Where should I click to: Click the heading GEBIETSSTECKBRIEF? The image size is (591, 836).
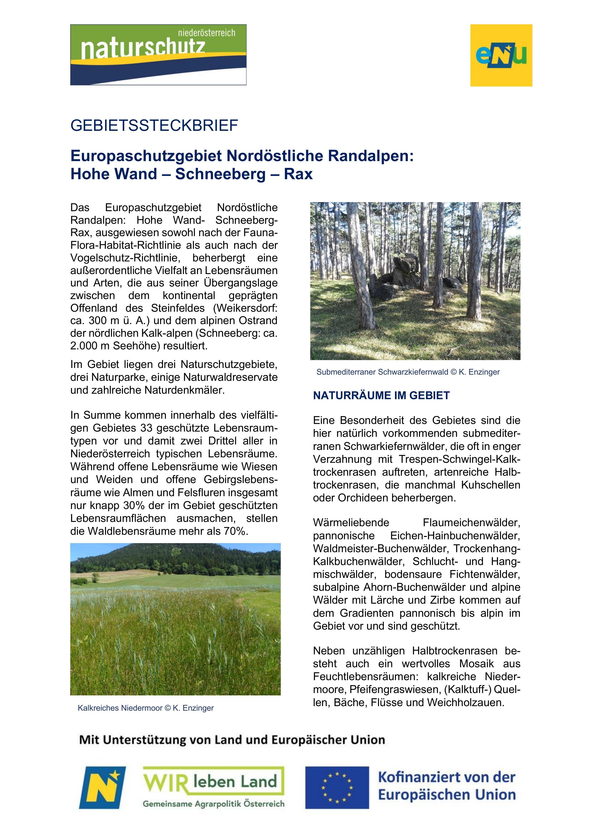(154, 126)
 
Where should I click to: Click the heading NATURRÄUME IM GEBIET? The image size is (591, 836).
(381, 396)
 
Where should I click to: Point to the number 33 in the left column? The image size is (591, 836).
(147, 428)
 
